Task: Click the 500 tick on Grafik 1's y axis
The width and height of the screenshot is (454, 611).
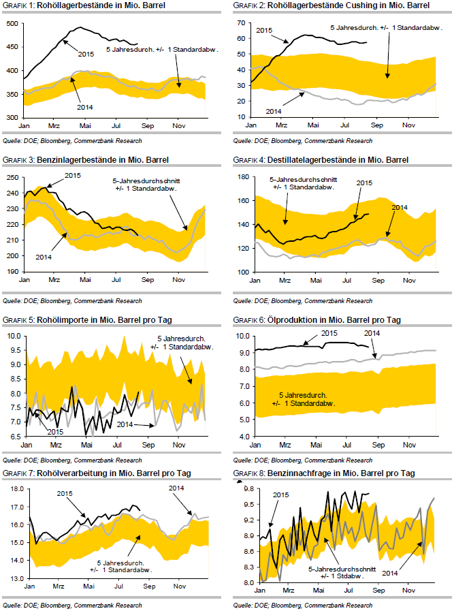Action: [x=12, y=23]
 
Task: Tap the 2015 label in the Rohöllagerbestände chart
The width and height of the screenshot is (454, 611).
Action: [x=86, y=54]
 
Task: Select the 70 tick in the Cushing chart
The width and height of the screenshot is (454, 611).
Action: [x=240, y=23]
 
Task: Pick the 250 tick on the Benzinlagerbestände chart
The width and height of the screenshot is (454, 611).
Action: [x=12, y=177]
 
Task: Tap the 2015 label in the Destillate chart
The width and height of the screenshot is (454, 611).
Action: [x=365, y=183]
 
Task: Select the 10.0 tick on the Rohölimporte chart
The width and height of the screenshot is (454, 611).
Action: [x=14, y=336]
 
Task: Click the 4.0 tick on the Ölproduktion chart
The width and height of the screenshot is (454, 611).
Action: [x=242, y=436]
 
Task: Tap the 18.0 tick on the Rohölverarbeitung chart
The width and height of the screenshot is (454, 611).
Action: [x=14, y=489]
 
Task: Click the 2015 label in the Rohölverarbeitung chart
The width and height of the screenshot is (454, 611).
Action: [x=65, y=494]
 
